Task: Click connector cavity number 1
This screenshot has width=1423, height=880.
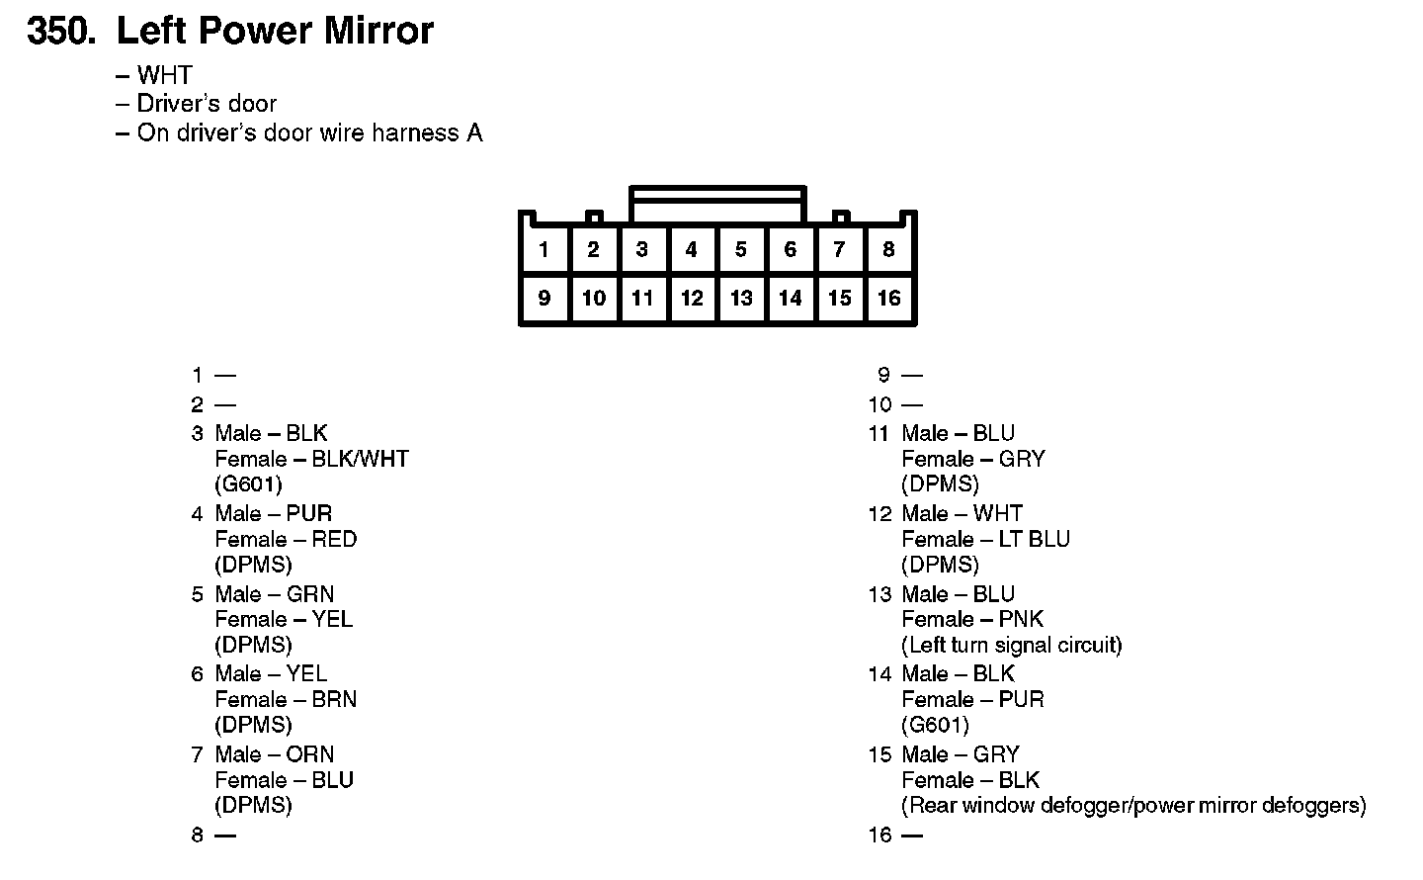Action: pos(544,249)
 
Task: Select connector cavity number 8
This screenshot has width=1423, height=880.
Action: pos(888,249)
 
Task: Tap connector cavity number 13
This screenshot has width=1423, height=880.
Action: pos(741,298)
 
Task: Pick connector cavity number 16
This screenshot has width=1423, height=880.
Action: pos(888,298)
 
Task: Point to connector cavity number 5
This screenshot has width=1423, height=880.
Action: pos(740,249)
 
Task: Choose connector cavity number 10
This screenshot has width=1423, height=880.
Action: pos(593,298)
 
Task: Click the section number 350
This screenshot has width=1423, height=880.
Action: pos(61,32)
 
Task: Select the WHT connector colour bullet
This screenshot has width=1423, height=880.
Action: pos(164,75)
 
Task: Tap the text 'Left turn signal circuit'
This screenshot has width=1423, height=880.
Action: pos(1012,646)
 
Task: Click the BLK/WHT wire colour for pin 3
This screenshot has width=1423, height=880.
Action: pos(360,459)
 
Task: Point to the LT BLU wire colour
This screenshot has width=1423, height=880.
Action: pos(1035,539)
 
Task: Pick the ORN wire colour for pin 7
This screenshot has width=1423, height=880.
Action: pos(309,754)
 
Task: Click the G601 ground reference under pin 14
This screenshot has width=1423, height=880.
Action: pos(935,725)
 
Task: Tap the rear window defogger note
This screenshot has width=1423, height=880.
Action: pos(1133,806)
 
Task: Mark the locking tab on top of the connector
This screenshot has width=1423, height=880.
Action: pos(717,204)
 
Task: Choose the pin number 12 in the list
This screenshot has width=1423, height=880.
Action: pos(879,514)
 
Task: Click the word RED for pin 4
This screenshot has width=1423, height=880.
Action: pos(334,539)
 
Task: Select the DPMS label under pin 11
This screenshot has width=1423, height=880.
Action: pos(940,484)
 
